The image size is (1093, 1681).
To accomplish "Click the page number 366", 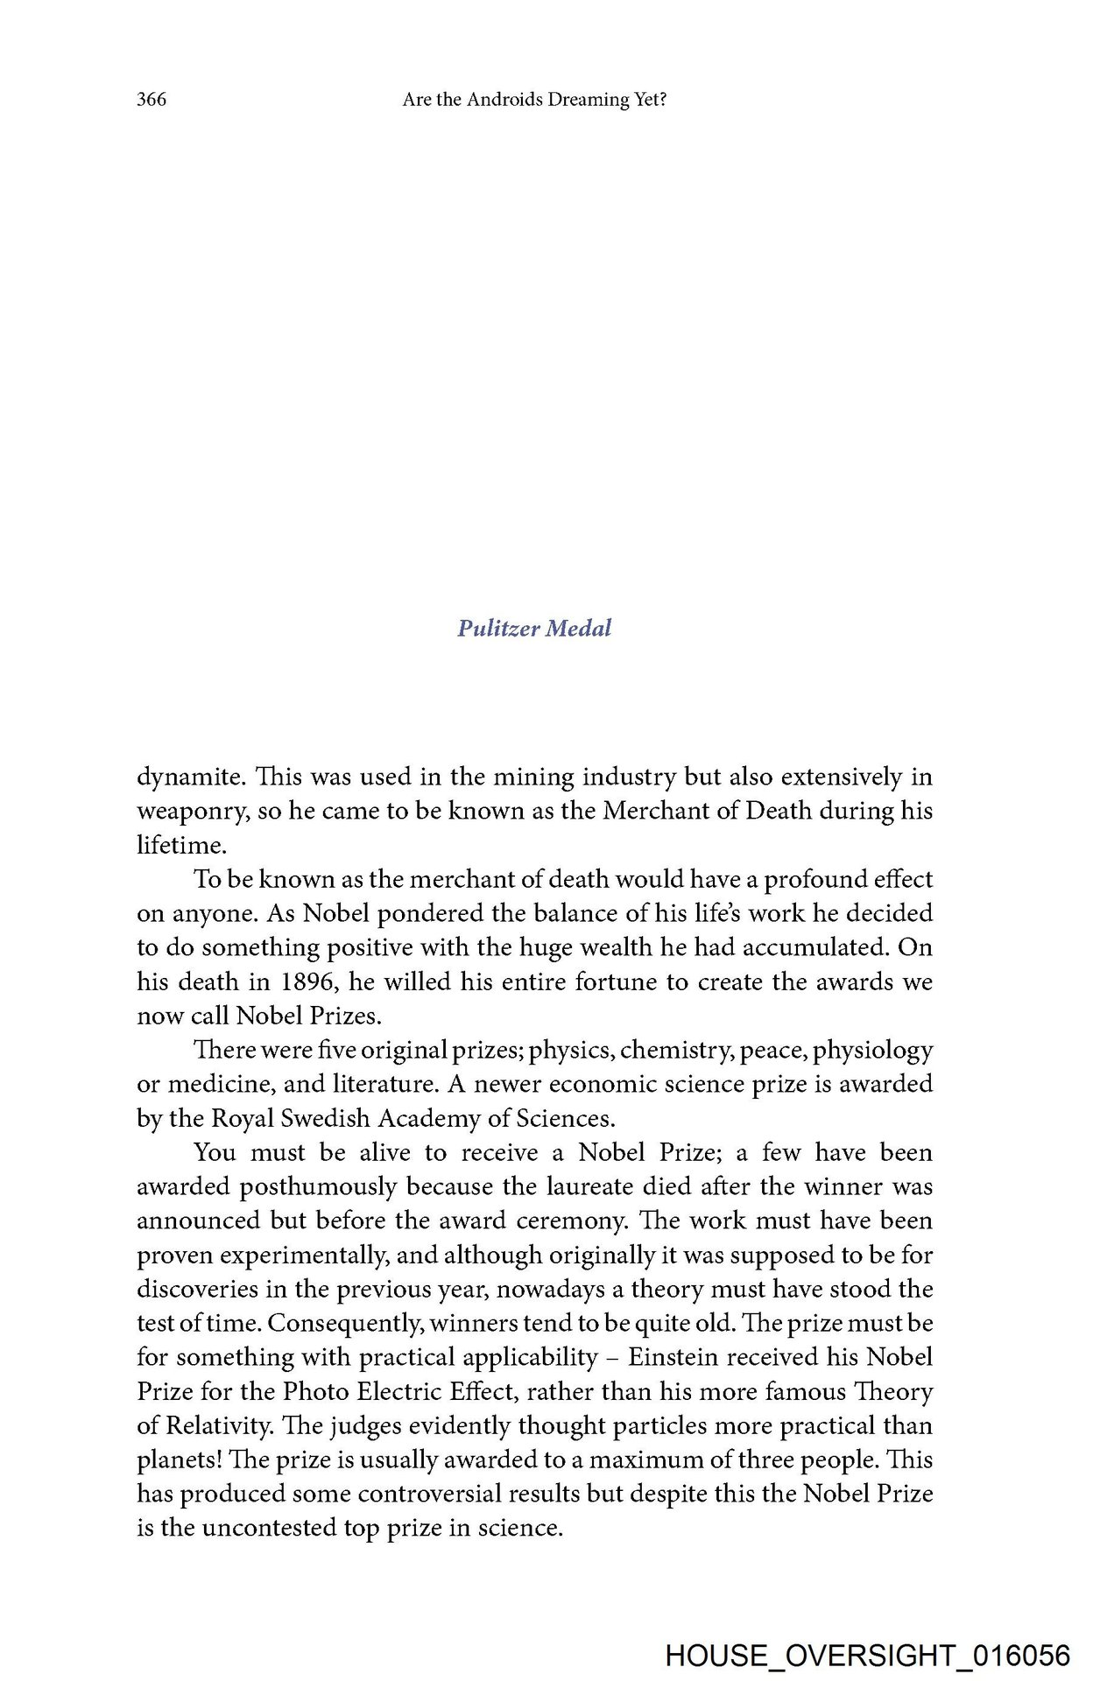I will click(x=152, y=100).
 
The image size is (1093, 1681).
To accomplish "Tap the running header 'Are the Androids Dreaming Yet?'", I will click(x=534, y=100).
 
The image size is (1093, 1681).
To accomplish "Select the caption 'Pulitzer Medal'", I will click(x=534, y=628).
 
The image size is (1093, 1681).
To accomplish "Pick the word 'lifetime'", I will click(x=180, y=845).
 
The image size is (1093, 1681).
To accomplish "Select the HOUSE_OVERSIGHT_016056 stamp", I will click(x=867, y=1656).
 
